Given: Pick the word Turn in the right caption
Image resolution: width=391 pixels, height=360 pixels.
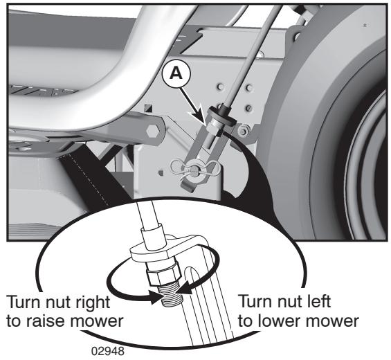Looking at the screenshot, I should pyautogui.click(x=255, y=302).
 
